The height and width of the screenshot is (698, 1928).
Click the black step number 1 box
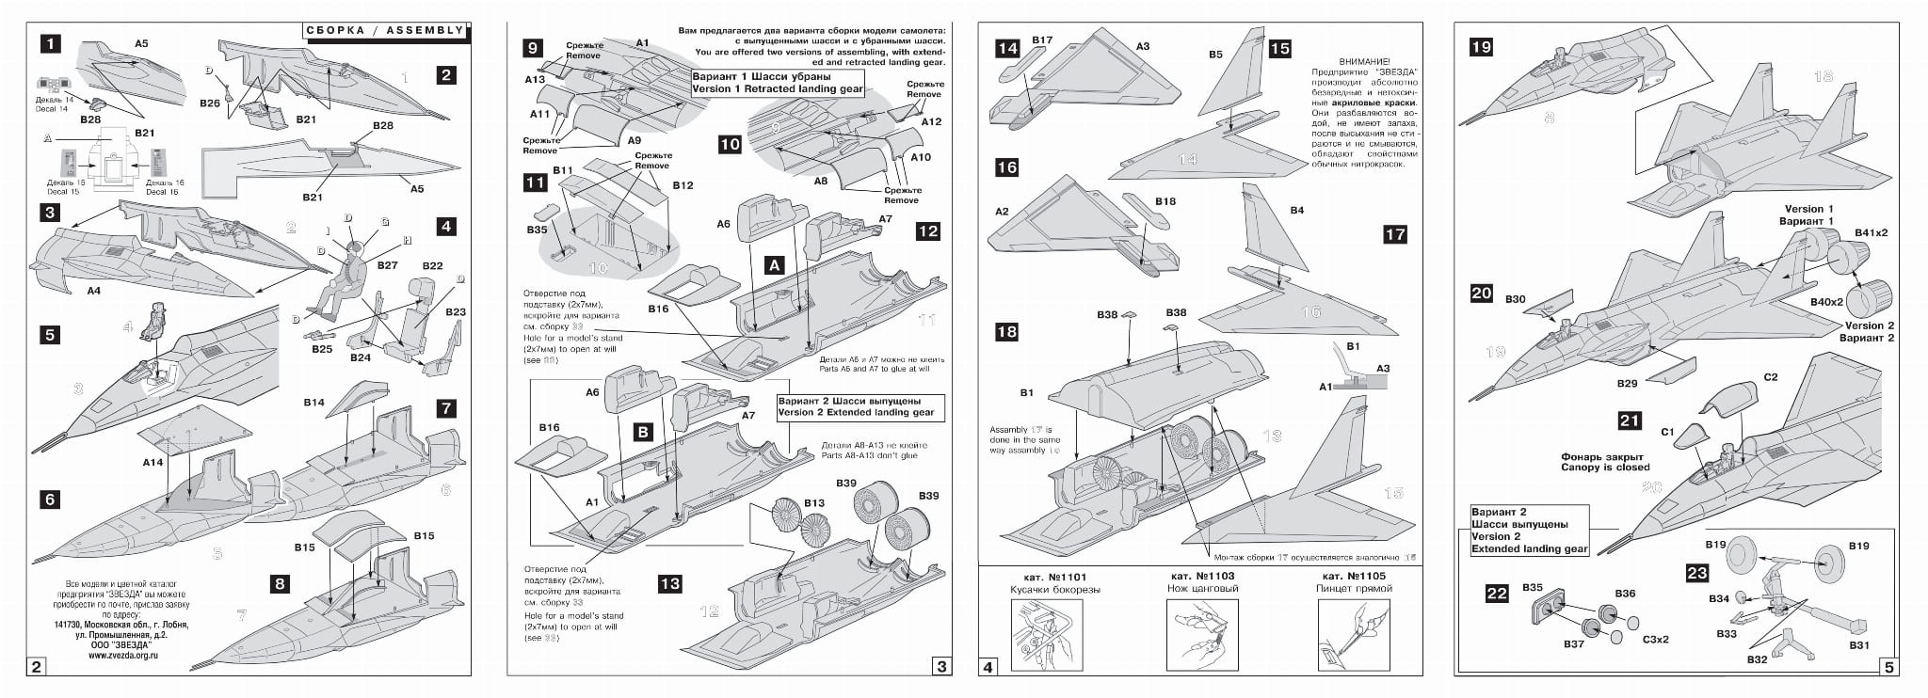click(x=51, y=43)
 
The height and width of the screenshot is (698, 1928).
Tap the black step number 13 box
click(x=669, y=584)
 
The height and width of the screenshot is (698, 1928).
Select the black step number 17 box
click(x=1394, y=234)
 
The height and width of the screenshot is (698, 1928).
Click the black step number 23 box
click(x=1696, y=574)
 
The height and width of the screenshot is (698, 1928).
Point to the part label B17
click(x=1042, y=40)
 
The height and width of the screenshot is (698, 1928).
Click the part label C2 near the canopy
click(x=1770, y=377)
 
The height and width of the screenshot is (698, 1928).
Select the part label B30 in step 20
click(x=1515, y=300)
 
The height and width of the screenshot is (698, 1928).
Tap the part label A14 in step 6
click(x=153, y=463)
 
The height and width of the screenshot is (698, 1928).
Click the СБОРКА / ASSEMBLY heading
click(x=385, y=30)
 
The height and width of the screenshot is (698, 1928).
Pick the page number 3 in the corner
click(x=941, y=667)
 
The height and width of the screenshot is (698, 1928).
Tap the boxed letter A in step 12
click(x=775, y=266)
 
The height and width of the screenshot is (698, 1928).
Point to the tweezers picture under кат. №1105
click(x=1354, y=635)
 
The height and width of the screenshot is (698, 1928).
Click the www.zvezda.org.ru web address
click(x=123, y=656)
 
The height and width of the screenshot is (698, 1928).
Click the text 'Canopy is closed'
click(x=1605, y=468)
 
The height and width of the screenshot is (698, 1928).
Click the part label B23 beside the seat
click(x=456, y=312)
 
